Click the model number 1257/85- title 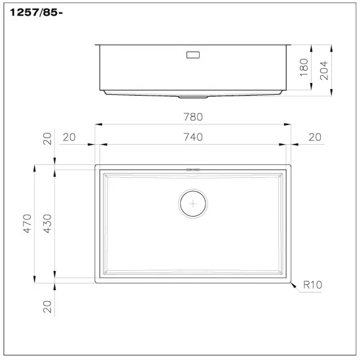click(37, 12)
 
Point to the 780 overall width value click(193, 117)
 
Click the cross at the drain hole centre click(192, 204)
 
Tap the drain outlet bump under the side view click(193, 97)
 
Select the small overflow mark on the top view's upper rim click(192, 169)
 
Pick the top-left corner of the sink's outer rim click(97, 166)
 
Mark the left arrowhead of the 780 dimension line click(98, 124)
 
